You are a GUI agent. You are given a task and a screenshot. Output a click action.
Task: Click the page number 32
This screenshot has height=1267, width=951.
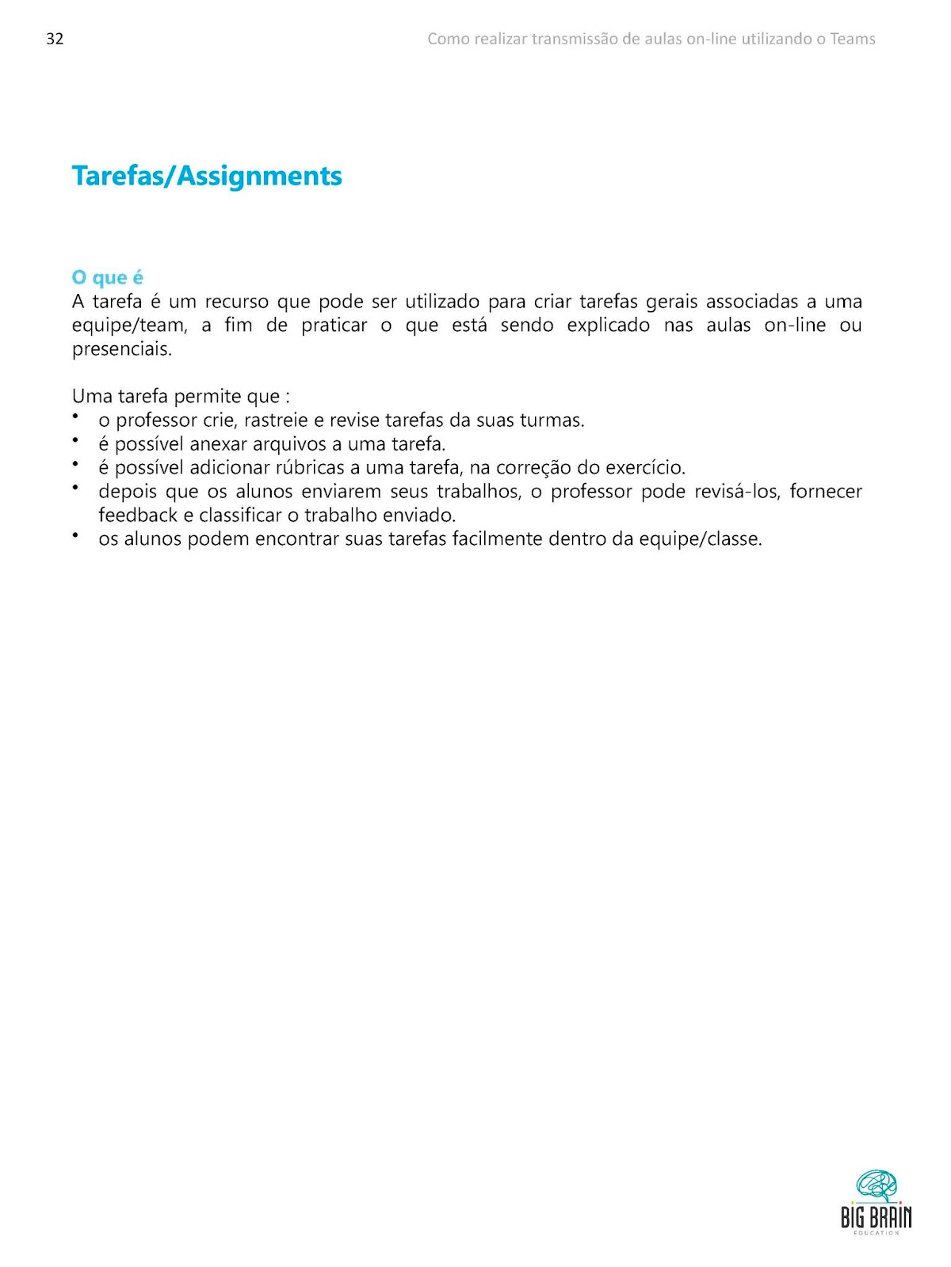(55, 39)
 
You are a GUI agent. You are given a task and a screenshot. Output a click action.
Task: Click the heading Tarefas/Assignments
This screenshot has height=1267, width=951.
(207, 176)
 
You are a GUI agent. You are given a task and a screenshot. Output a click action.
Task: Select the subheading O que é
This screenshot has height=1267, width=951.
(107, 278)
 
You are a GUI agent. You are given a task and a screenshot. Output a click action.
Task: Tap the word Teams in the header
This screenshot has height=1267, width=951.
(853, 39)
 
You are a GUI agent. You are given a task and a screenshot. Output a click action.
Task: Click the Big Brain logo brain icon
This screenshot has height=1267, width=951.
(877, 1187)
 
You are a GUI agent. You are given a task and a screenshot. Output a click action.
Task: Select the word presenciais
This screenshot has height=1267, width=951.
(122, 349)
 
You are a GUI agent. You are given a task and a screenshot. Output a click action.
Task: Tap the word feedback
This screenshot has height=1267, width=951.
(138, 516)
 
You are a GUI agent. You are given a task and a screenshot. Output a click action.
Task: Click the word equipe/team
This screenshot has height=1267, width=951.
(130, 325)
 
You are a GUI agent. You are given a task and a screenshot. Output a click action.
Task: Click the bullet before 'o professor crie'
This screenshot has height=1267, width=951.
(76, 417)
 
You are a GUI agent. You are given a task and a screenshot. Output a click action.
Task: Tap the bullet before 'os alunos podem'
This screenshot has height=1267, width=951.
(76, 535)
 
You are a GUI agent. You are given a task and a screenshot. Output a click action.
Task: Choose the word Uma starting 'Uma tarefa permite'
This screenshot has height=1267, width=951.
(92, 397)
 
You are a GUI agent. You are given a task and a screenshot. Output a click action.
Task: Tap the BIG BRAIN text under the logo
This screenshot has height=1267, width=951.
(877, 1217)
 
